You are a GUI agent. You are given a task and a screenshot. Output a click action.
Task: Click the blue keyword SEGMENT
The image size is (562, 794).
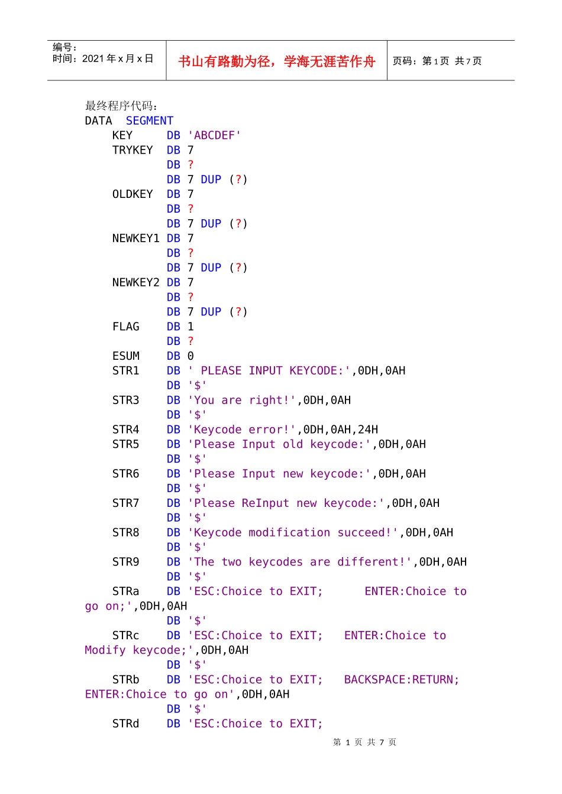pos(150,121)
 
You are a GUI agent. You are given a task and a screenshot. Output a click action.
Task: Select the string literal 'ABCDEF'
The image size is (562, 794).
pos(214,135)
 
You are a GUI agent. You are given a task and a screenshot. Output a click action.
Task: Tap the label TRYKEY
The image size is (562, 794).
pos(133,150)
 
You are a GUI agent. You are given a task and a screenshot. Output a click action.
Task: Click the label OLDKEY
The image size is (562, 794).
pos(133,194)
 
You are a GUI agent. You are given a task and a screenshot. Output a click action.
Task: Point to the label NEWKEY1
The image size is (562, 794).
pos(135,238)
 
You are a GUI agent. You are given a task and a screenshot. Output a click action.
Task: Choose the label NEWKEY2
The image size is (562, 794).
pos(135,282)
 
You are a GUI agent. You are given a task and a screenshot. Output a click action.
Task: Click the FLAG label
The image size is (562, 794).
pos(125,327)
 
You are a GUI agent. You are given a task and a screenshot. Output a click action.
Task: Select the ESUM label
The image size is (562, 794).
pos(125,356)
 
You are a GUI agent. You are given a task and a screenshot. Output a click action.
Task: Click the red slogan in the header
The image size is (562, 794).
pos(276,61)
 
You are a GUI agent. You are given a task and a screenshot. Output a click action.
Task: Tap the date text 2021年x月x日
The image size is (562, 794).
pos(118,58)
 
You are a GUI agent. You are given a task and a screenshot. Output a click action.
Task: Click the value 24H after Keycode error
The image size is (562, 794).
pos(368,429)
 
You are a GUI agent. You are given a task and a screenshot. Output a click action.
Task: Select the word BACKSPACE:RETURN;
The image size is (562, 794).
pos(402,679)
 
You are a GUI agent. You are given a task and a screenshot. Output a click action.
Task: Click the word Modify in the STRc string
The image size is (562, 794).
pos(105,650)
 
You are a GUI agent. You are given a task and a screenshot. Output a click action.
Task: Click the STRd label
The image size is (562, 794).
pos(125,724)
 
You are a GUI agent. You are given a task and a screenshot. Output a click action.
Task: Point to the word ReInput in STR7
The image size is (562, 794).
pos(265,503)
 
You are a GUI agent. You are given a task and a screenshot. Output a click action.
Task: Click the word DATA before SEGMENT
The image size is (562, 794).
pos(98,121)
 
